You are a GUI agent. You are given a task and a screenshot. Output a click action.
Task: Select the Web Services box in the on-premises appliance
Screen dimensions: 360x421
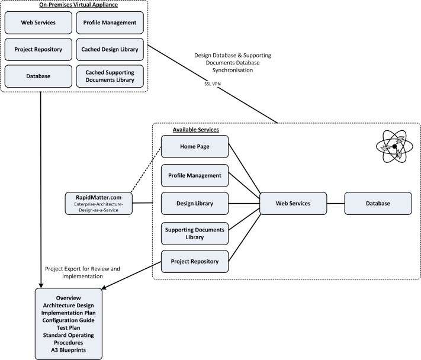[38, 22]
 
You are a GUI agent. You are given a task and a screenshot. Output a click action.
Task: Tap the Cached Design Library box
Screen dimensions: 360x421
[110, 49]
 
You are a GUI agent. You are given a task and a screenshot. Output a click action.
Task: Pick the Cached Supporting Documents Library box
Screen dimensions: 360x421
[110, 76]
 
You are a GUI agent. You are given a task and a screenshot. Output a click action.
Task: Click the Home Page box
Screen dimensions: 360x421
[194, 146]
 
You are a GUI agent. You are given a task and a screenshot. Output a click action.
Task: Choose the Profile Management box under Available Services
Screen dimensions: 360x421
[194, 175]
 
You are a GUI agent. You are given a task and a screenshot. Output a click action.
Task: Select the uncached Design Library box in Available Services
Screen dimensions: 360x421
[194, 204]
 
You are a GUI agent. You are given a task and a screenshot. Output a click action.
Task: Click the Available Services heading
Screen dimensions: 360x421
[195, 129]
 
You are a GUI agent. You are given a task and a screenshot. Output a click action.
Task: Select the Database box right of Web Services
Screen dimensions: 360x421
[378, 204]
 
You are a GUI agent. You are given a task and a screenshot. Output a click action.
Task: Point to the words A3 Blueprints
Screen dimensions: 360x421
[68, 351]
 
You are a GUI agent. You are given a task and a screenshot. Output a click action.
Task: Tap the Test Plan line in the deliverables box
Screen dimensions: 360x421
[68, 327]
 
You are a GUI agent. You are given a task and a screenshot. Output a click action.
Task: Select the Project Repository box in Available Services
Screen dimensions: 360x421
[194, 261]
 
